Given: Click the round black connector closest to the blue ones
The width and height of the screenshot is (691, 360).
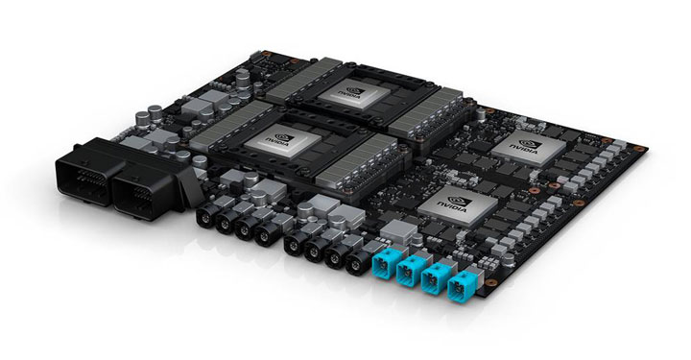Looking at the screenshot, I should coord(354,263).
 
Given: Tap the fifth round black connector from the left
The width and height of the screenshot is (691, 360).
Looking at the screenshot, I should coord(293,244).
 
